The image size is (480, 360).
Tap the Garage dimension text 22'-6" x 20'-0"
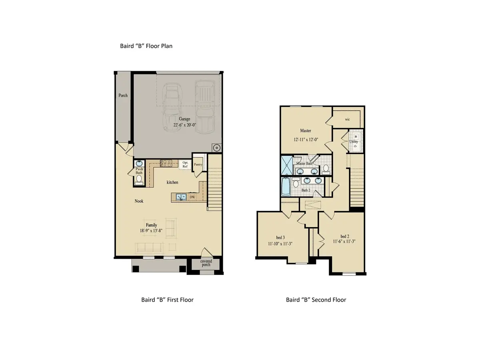tap(185, 125)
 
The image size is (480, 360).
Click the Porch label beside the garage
tap(123, 95)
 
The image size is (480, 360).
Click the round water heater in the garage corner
tap(216, 148)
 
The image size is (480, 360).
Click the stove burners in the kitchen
tap(166, 163)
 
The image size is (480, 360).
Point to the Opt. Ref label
tap(185, 164)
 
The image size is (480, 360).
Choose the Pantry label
tap(198, 164)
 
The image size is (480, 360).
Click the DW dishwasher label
tap(192, 197)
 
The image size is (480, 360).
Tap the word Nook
tap(139, 201)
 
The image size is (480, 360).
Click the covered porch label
tap(206, 264)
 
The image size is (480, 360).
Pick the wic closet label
tap(347, 119)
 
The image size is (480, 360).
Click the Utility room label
tap(354, 142)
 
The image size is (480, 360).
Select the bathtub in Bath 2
tap(286, 186)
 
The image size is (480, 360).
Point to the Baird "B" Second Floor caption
tap(316, 300)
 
